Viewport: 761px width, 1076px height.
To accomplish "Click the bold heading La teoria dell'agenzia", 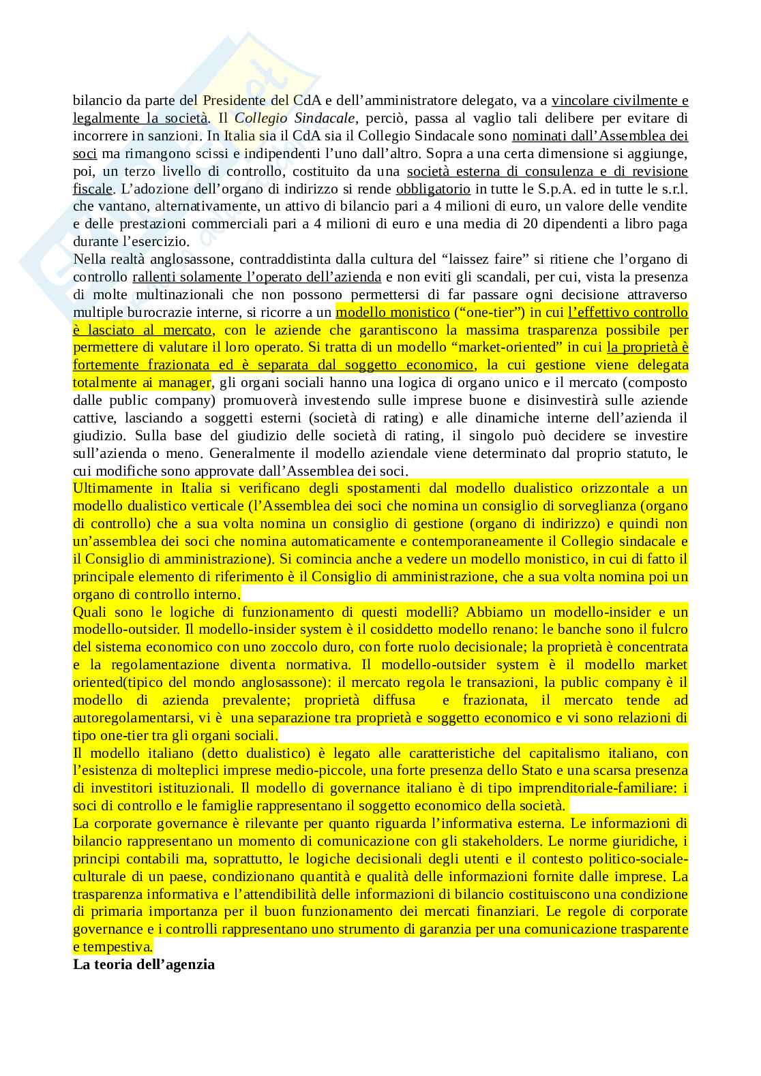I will (x=144, y=964).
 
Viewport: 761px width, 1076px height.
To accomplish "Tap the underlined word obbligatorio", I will (x=433, y=189).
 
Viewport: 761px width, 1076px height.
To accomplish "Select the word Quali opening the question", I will (x=90, y=612).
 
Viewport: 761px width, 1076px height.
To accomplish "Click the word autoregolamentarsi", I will (x=132, y=718).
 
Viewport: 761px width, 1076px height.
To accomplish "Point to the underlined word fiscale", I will (x=92, y=189).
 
